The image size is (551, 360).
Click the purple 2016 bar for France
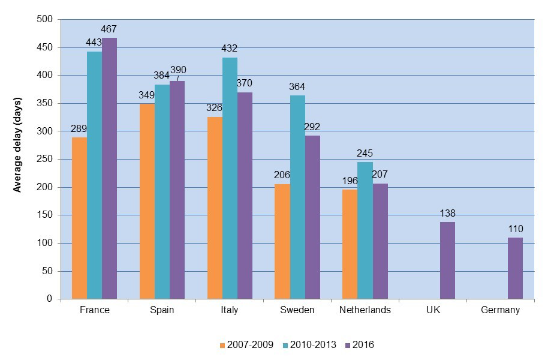coord(109,169)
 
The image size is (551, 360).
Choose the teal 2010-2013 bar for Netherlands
coord(365,230)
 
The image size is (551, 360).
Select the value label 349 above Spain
coord(147,95)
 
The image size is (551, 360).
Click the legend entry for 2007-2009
coord(247,345)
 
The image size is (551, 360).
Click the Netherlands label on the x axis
coord(365,310)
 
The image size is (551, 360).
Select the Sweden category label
coord(297,310)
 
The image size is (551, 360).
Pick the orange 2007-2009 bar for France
coord(79,218)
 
